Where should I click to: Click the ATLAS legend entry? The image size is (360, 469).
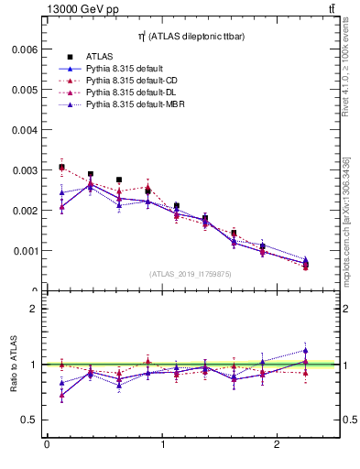(x=99, y=57)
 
